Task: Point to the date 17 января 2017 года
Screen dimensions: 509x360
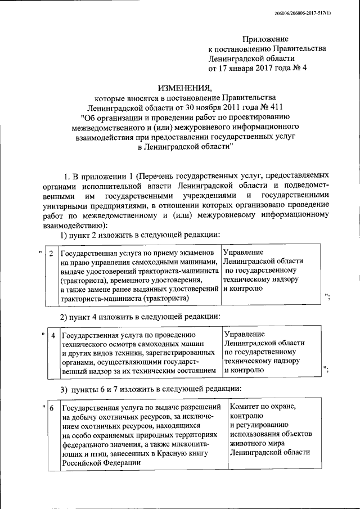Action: [252, 69]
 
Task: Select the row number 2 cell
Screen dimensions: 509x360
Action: [51, 254]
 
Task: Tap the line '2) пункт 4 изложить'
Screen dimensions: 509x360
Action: [140, 316]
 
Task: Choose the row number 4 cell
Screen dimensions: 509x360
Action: [53, 336]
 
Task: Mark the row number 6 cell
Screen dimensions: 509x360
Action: [51, 408]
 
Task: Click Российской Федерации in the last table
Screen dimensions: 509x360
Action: [101, 462]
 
